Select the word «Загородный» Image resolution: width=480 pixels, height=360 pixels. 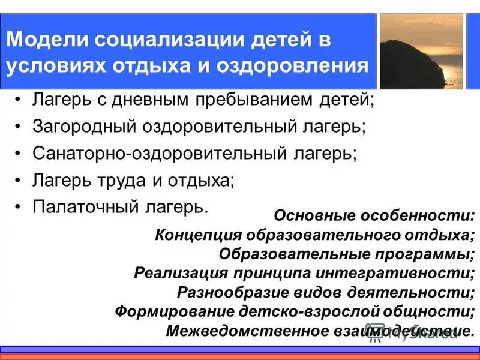tap(83, 127)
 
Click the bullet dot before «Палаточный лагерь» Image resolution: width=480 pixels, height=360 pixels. tap(20, 206)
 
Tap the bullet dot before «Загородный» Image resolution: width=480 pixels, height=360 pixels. tap(20, 127)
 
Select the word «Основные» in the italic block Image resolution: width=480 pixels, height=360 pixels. tap(312, 215)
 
